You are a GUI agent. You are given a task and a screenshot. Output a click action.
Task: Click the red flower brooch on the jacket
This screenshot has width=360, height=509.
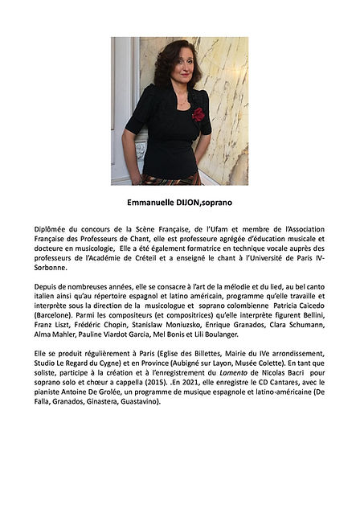198,114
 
